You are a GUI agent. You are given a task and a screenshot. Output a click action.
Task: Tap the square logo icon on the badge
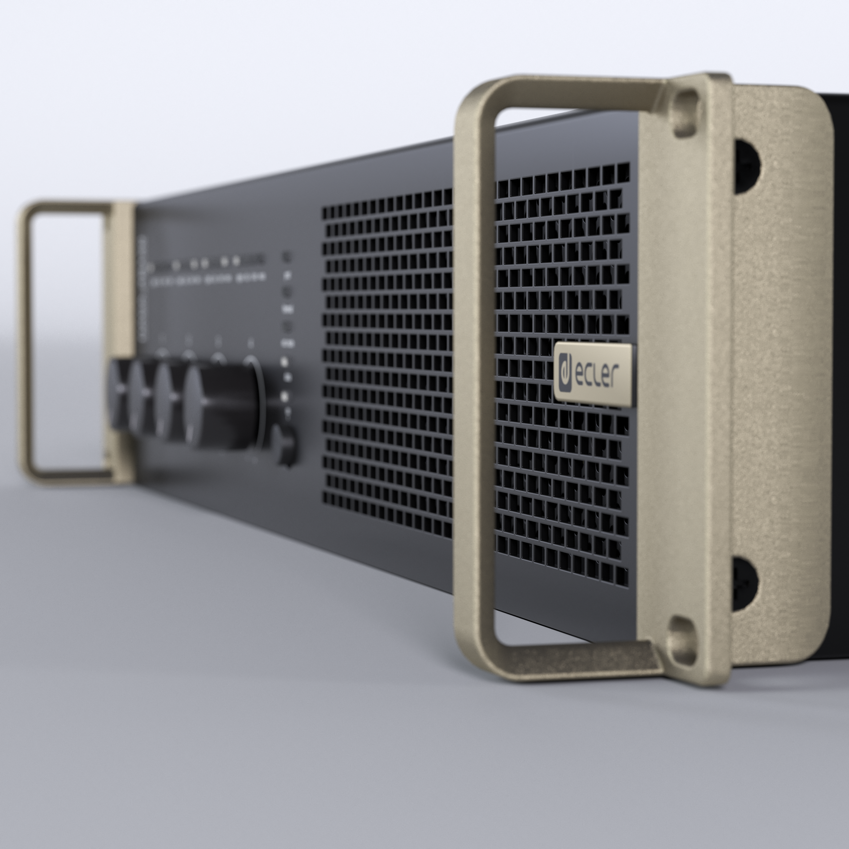[565, 374]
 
